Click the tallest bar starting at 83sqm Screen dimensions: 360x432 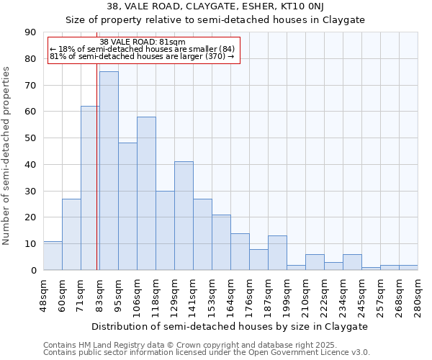tap(109, 171)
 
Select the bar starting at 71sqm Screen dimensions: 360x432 tap(90, 188)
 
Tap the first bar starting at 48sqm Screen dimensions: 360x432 tap(53, 256)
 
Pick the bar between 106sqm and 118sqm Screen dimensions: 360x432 tap(146, 193)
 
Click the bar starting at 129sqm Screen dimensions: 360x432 tap(184, 215)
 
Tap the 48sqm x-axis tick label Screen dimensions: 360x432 tap(43, 295)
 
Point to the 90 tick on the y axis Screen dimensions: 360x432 tap(30, 32)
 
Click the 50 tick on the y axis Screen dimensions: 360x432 tap(30, 138)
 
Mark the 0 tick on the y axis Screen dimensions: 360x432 tap(33, 270)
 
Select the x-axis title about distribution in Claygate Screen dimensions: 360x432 tap(230, 326)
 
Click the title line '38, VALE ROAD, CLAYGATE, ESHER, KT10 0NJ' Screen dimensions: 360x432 tap(215, 7)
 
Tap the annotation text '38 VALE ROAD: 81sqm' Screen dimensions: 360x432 tap(143, 42)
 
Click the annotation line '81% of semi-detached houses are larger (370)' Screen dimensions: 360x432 tap(142, 56)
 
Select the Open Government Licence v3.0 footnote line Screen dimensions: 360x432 tap(207, 353)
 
